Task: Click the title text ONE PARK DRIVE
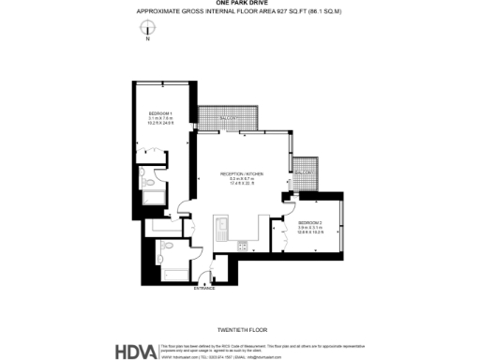pos(240,4)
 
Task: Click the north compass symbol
pos(147,31)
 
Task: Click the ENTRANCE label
pos(204,288)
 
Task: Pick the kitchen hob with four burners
pos(242,246)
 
